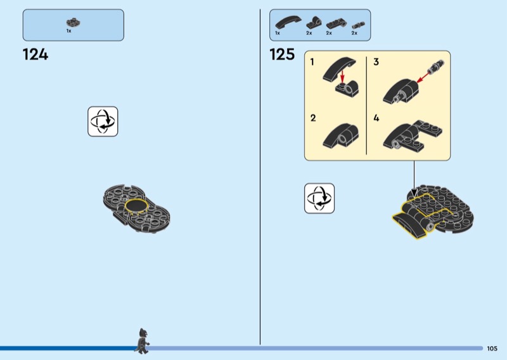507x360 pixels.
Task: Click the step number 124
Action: pyautogui.click(x=35, y=55)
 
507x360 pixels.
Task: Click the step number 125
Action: pyautogui.click(x=282, y=55)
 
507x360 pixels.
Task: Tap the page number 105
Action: pyautogui.click(x=492, y=349)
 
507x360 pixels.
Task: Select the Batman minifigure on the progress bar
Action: pyautogui.click(x=142, y=341)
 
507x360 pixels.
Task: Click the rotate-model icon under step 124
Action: pyautogui.click(x=103, y=122)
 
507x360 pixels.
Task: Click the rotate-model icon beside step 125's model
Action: pyautogui.click(x=319, y=198)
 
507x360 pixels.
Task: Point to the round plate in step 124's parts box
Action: pyautogui.click(x=74, y=22)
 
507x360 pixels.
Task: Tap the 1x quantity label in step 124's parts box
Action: pyautogui.click(x=68, y=31)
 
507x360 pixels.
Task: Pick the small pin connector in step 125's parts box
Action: pyautogui.click(x=358, y=25)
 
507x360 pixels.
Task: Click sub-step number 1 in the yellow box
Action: pyautogui.click(x=312, y=61)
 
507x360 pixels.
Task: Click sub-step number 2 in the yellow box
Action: pyautogui.click(x=313, y=118)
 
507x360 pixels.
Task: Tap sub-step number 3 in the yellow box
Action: pyautogui.click(x=376, y=61)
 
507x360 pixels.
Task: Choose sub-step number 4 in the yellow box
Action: pyautogui.click(x=376, y=118)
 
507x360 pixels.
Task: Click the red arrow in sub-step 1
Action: pyautogui.click(x=342, y=77)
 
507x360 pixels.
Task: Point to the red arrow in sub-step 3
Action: pyautogui.click(x=424, y=77)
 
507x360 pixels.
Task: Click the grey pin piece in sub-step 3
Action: pyautogui.click(x=435, y=66)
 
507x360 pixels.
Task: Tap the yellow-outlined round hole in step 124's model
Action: pyautogui.click(x=136, y=206)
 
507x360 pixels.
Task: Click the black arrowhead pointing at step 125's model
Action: pyautogui.click(x=414, y=193)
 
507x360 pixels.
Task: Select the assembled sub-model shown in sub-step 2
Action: pyautogui.click(x=340, y=136)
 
